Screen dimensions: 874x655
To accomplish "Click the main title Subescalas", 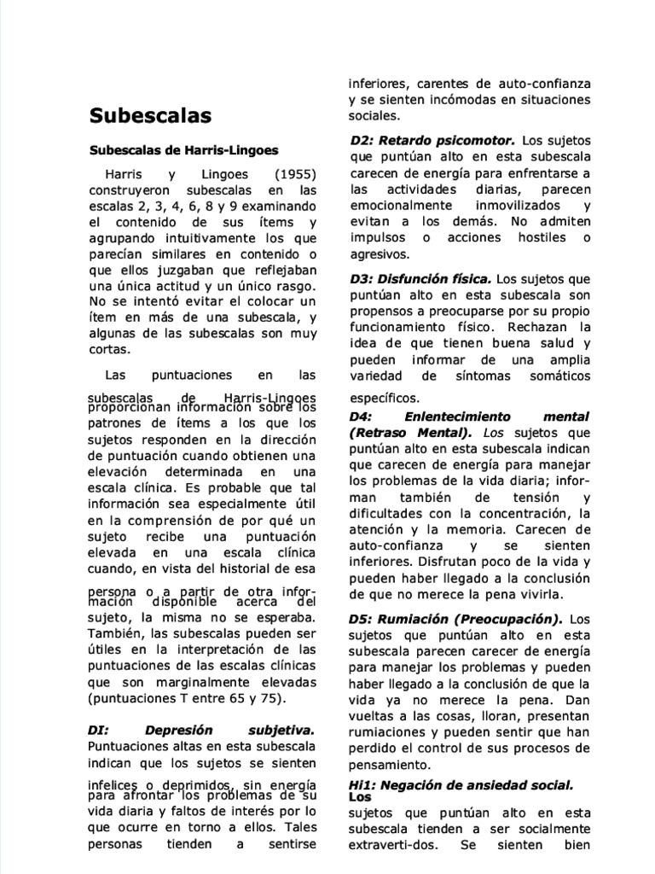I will pyautogui.click(x=151, y=115).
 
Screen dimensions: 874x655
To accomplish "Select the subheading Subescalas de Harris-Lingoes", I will pyautogui.click(x=184, y=150).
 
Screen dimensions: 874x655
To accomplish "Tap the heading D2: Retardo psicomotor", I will pyautogui.click(x=432, y=139).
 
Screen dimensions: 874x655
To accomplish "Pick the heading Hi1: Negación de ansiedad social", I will pyautogui.click(x=461, y=784).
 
